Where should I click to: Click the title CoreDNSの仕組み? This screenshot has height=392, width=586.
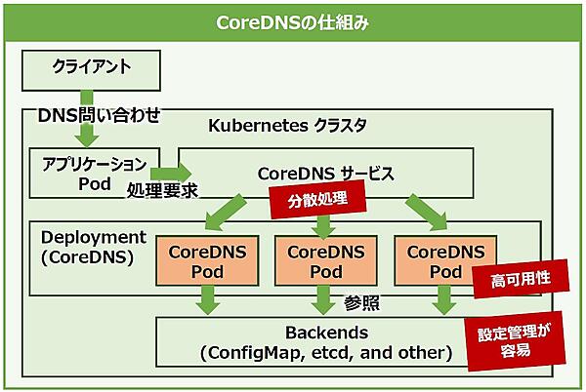click(x=293, y=20)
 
